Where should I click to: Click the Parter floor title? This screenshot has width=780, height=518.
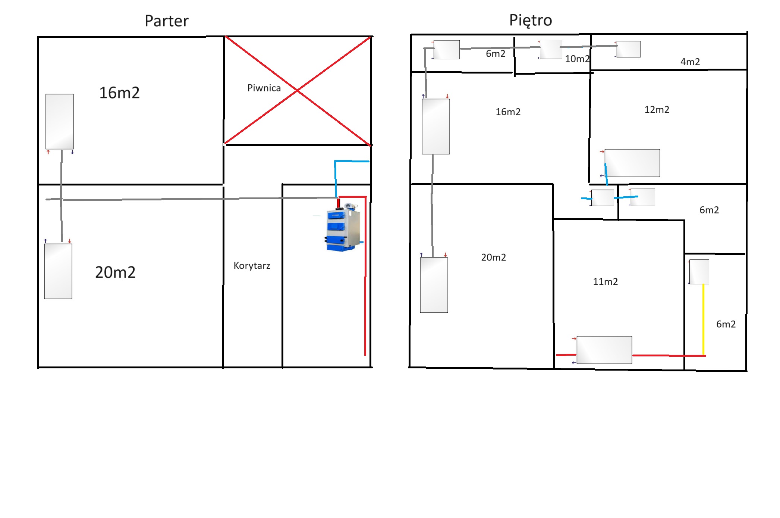[166, 21]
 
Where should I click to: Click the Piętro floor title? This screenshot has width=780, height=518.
[531, 21]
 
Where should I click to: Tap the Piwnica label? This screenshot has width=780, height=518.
[264, 88]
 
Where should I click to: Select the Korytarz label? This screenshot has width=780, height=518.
[252, 266]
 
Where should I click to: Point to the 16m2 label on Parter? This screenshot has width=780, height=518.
[119, 93]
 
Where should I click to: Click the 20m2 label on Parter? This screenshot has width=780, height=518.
[115, 272]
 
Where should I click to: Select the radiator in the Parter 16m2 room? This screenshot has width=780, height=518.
[60, 122]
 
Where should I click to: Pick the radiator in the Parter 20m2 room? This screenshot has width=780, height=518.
[58, 271]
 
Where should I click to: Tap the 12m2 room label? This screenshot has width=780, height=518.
[657, 110]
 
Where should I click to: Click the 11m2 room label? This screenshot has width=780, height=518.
[606, 282]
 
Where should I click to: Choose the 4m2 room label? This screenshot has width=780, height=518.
[690, 62]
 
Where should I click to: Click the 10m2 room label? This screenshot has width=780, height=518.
[577, 59]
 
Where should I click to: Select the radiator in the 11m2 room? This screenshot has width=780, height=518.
[604, 350]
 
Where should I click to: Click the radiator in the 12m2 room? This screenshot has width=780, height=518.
[632, 163]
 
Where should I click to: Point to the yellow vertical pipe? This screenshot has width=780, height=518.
[704, 320]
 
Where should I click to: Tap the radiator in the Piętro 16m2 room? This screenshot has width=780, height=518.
[436, 127]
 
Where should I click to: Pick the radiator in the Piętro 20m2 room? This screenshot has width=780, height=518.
[434, 285]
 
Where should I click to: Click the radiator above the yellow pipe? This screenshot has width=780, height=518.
[699, 272]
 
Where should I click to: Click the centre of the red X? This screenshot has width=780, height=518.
[297, 90]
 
